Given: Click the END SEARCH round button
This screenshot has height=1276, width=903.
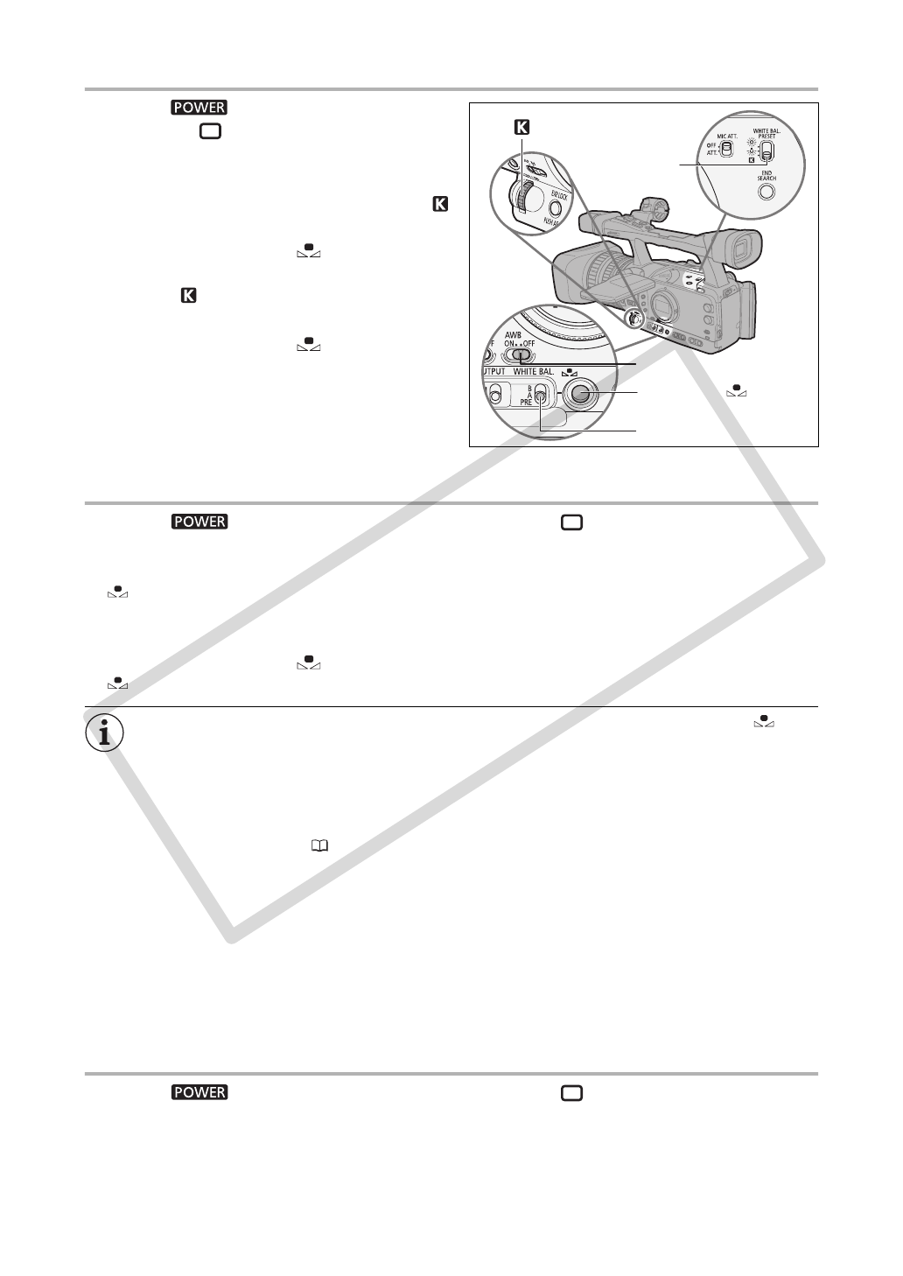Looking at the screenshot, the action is pyautogui.click(x=766, y=192).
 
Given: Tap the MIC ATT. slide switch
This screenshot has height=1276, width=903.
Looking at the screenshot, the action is pyautogui.click(x=726, y=150).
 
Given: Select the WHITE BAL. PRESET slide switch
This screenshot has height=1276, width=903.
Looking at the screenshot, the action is pyautogui.click(x=766, y=151).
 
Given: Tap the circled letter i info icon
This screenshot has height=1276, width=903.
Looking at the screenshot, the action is pyautogui.click(x=104, y=733).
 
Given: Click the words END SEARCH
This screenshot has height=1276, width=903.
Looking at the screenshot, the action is pyautogui.click(x=767, y=175).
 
